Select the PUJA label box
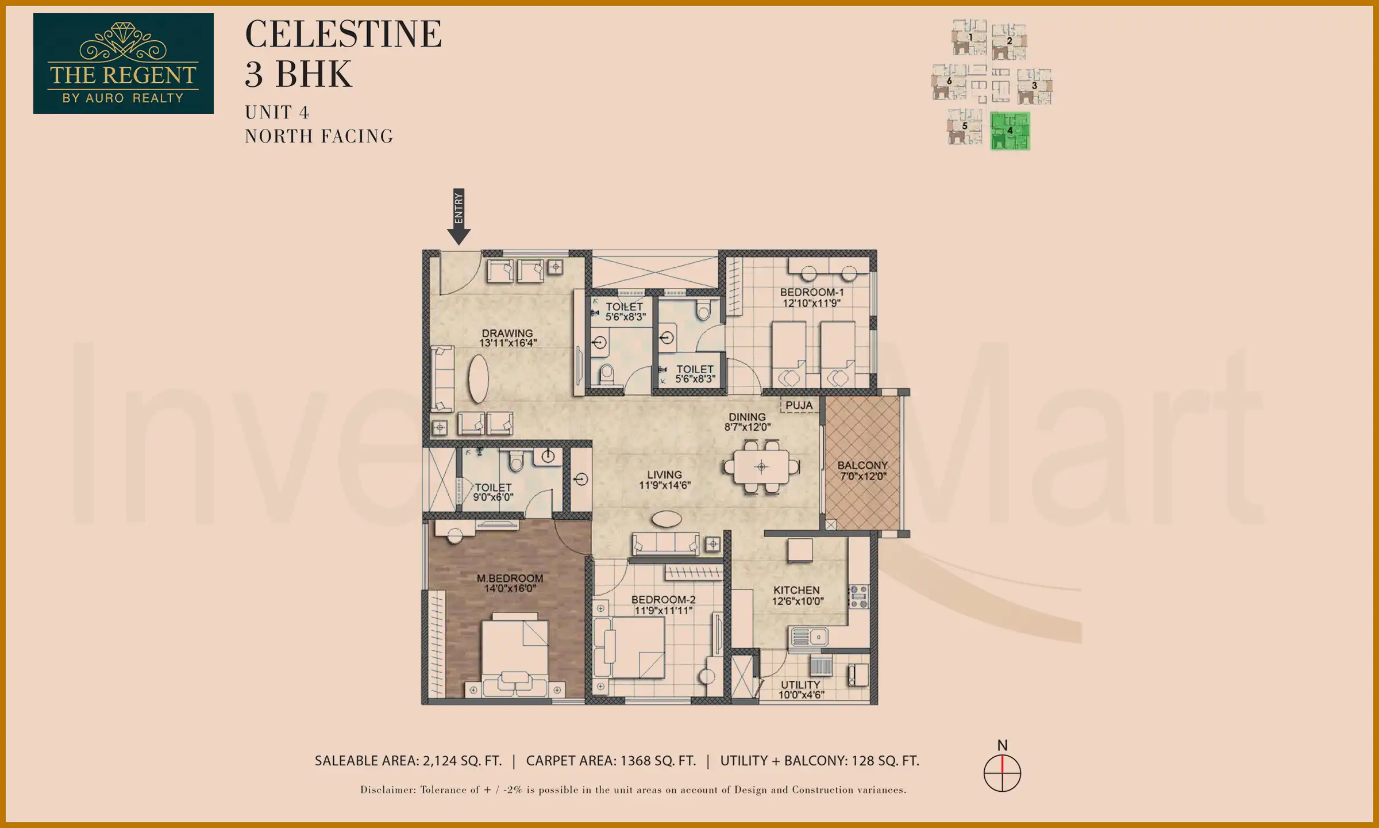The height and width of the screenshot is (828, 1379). [x=799, y=405]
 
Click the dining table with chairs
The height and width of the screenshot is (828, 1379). [x=761, y=466]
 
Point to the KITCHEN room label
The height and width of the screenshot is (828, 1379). [x=796, y=590]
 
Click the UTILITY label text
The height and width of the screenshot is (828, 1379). [x=800, y=684]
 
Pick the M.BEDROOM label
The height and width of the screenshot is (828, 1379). [x=510, y=578]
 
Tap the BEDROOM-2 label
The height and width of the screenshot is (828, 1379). [x=663, y=599]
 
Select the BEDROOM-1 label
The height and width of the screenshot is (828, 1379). [x=811, y=292]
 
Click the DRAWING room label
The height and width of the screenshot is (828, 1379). [x=507, y=333]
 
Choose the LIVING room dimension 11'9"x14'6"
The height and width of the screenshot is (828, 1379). [x=665, y=485]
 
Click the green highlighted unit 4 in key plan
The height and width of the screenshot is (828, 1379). [x=1010, y=131]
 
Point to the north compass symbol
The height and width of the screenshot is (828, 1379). [x=1002, y=772]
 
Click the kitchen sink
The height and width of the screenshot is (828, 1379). [x=810, y=637]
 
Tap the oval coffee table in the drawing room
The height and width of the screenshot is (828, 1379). [x=479, y=378]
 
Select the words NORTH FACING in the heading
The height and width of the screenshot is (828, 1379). [x=319, y=136]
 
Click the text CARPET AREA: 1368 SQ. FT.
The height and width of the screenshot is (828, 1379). [x=611, y=761]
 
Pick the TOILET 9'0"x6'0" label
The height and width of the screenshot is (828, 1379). [x=493, y=492]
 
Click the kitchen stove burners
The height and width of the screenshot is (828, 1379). [x=858, y=596]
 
